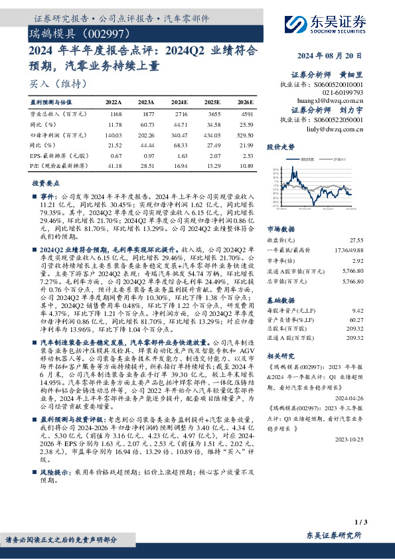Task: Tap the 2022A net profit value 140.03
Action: point(116,135)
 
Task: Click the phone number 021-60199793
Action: point(341,93)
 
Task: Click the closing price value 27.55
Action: point(357,239)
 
